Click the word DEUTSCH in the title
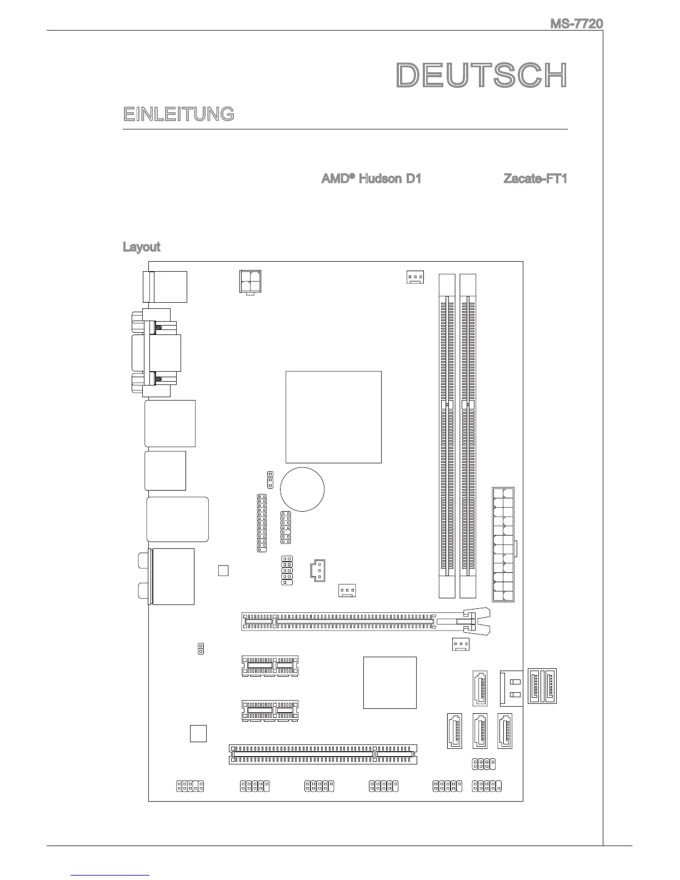482,76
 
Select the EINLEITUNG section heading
178,114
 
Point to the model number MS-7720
576,24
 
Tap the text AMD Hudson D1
371,179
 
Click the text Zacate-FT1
534,179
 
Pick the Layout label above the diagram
141,247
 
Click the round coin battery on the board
302,489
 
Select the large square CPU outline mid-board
333,417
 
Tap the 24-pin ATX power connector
503,544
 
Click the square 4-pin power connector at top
251,282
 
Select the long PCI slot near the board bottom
323,754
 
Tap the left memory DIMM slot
446,435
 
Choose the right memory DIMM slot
468,435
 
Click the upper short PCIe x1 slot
270,665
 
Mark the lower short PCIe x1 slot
270,711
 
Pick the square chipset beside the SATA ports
389,682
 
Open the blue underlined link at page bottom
111,875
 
